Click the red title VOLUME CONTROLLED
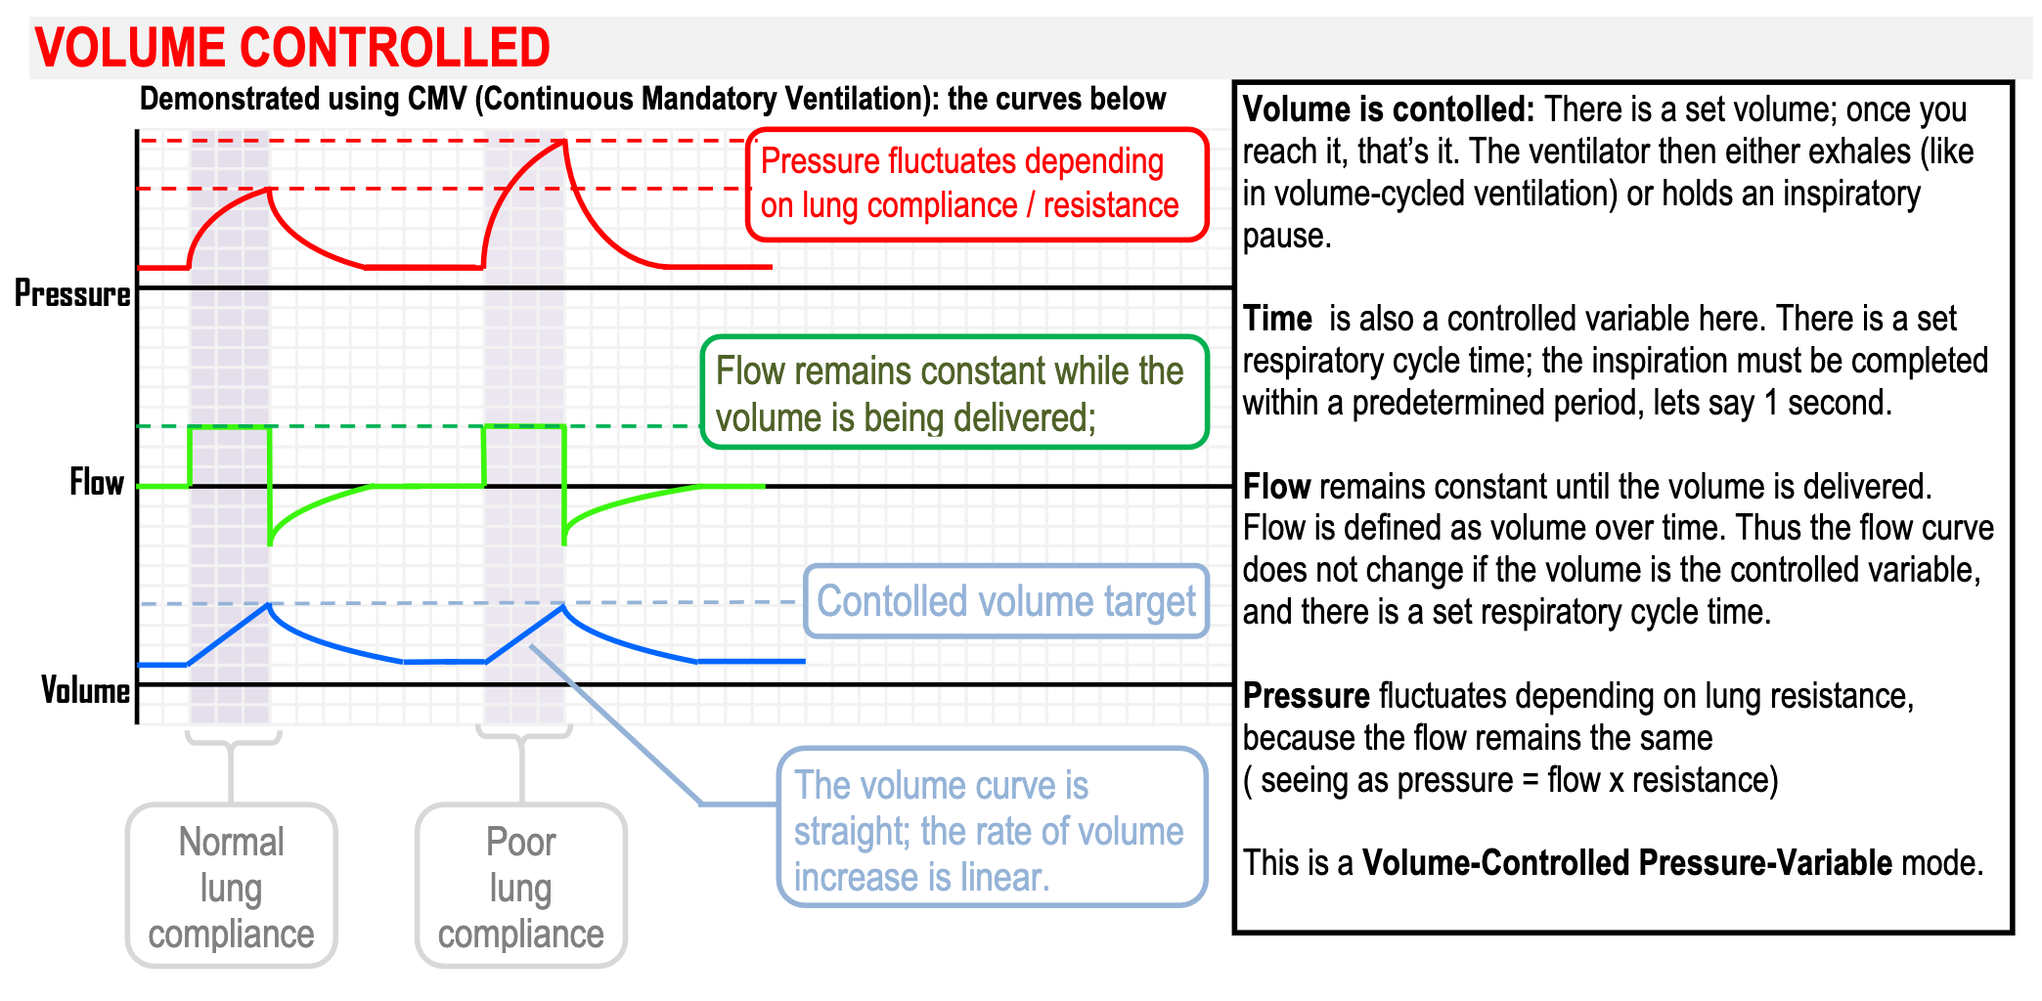pos(291,47)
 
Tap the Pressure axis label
pos(71,293)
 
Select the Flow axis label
pos(96,482)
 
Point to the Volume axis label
pos(84,690)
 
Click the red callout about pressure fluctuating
pos(976,184)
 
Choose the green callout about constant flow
pos(954,393)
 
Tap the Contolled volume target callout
pos(1005,601)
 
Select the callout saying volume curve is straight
pos(991,829)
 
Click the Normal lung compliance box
pos(231,887)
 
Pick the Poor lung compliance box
pos(520,887)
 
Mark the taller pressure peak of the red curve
pos(564,143)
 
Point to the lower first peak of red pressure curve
pos(268,190)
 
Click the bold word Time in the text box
pos(1276,319)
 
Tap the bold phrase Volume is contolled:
pos(1388,109)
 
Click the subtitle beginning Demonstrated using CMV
pos(652,99)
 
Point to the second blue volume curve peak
pos(562,608)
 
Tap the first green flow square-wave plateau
pos(230,427)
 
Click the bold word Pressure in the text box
pos(1306,696)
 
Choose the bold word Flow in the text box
pos(1275,486)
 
